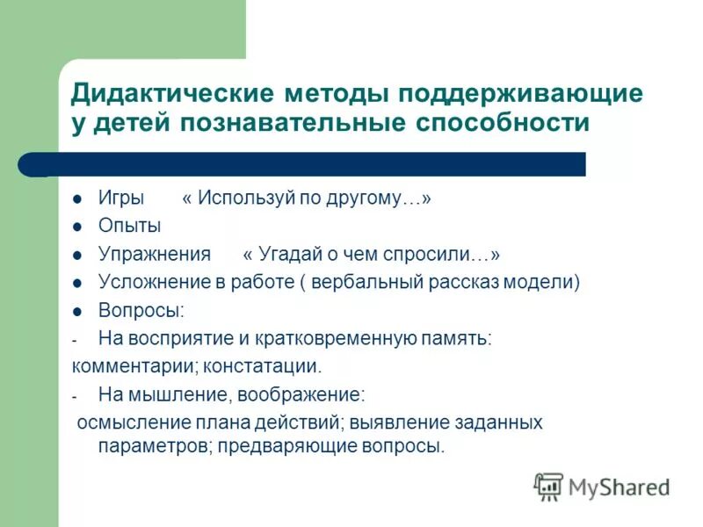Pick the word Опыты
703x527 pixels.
click(129, 226)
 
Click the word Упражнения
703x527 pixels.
click(154, 255)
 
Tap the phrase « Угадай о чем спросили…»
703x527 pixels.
click(371, 255)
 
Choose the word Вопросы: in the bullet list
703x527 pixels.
click(141, 311)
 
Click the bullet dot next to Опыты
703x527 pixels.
click(78, 227)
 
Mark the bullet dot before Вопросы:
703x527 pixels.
click(78, 312)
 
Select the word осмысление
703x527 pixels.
click(123, 422)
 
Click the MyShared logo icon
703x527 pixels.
click(548, 486)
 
